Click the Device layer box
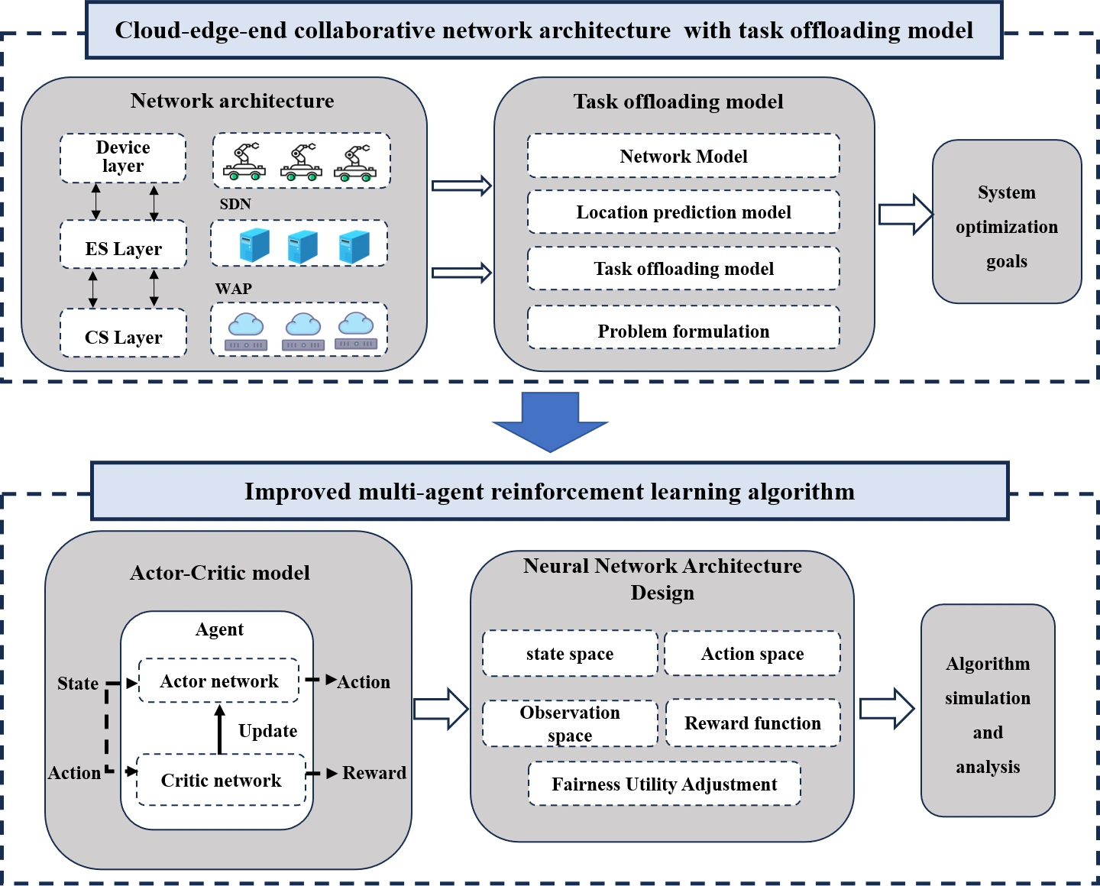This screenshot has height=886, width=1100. tap(123, 158)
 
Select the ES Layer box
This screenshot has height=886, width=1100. tap(123, 245)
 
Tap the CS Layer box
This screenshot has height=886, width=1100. tap(123, 334)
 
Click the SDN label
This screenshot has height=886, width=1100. tap(235, 204)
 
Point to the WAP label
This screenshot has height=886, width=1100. tap(233, 289)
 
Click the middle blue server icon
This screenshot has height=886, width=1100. tap(302, 246)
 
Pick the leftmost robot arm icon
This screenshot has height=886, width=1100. tap(244, 162)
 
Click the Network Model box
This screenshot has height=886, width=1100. tap(684, 157)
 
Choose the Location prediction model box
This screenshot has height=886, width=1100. tap(684, 212)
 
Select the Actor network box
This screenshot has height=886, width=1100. tap(218, 681)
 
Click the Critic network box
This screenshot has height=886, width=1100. tap(221, 780)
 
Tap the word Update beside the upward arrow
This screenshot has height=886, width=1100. tap(267, 731)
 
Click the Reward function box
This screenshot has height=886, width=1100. tap(752, 723)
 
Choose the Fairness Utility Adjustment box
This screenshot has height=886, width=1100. tap(665, 784)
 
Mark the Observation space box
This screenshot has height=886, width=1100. tap(570, 723)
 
